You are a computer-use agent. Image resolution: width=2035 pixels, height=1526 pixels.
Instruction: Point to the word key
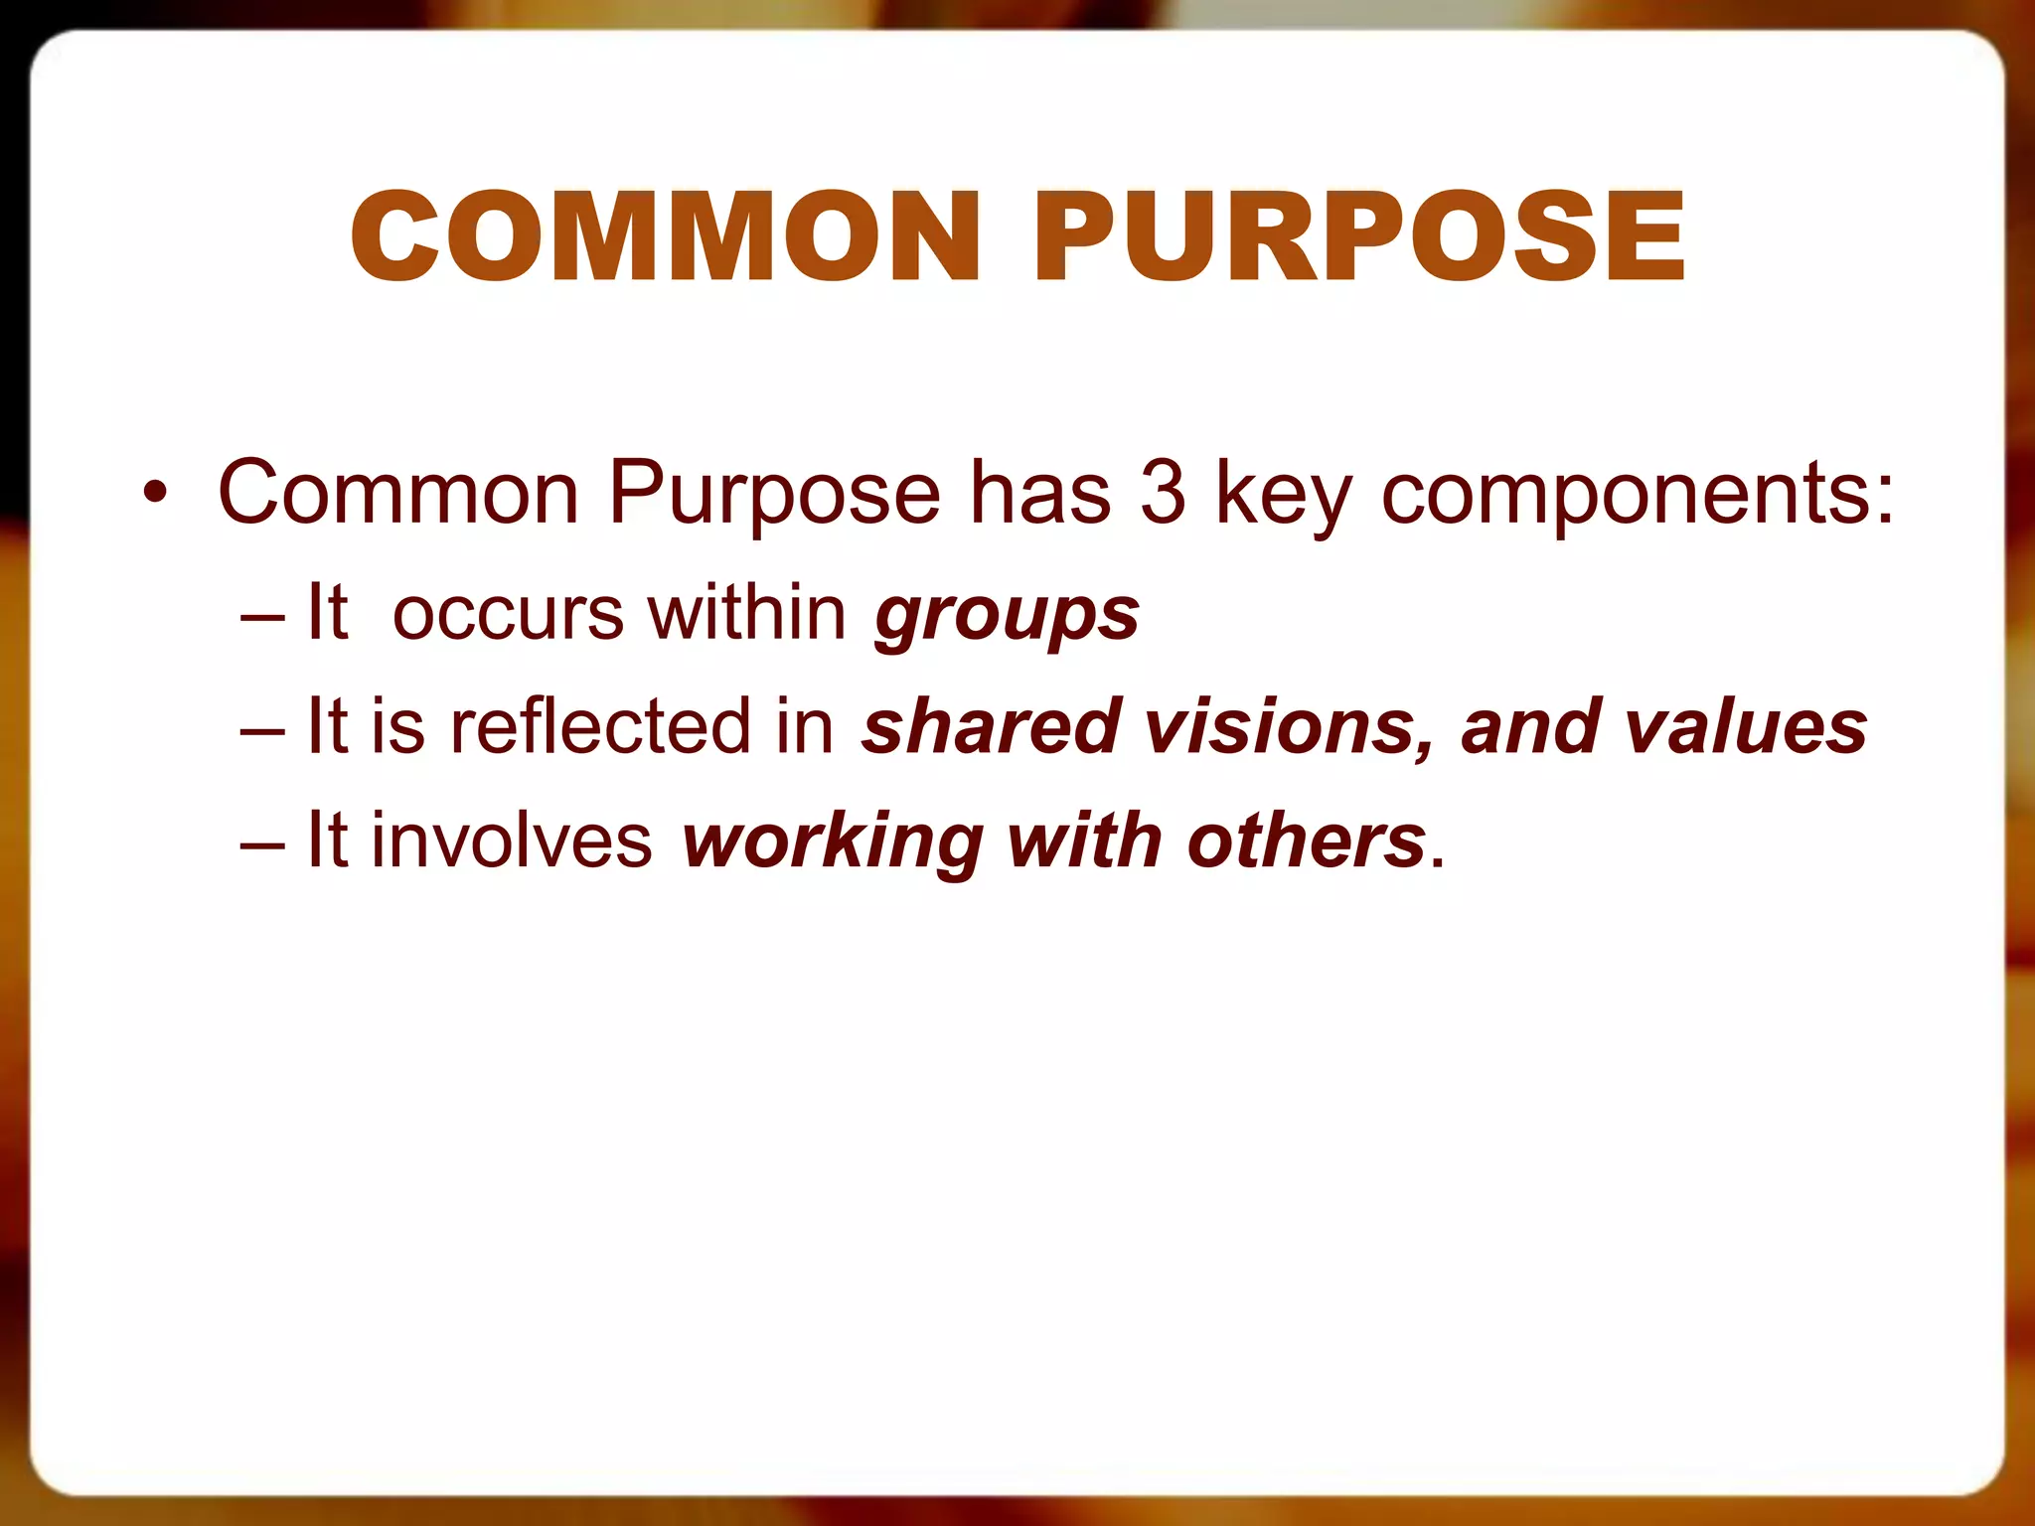(1284, 495)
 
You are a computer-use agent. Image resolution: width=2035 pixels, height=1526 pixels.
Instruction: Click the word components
(1638, 495)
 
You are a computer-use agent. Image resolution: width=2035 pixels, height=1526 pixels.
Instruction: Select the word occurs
(508, 614)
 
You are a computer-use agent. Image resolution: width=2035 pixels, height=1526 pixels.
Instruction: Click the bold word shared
(991, 726)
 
